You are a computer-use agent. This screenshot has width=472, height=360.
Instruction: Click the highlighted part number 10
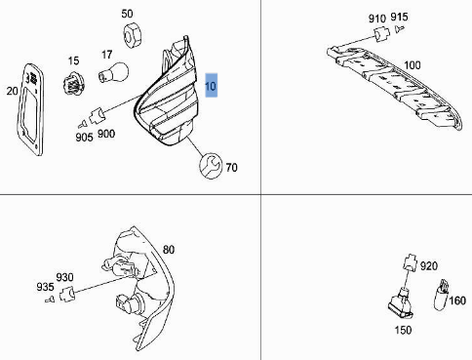tap(212, 88)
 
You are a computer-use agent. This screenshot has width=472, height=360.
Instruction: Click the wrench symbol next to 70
tap(208, 167)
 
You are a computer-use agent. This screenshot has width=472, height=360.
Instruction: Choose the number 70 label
tap(231, 168)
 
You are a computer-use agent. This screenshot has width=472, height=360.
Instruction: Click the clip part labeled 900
tap(97, 116)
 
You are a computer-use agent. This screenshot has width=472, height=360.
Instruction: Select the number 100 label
tap(413, 65)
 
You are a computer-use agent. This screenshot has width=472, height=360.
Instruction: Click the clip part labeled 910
tap(379, 35)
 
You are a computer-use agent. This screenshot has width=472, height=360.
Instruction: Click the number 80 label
tap(169, 250)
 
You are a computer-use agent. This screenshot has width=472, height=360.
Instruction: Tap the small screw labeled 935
tap(49, 301)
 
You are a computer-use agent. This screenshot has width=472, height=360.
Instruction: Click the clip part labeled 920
tap(410, 264)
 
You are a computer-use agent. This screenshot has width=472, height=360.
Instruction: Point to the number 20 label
tap(12, 91)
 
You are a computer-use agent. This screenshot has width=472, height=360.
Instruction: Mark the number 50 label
tap(128, 14)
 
